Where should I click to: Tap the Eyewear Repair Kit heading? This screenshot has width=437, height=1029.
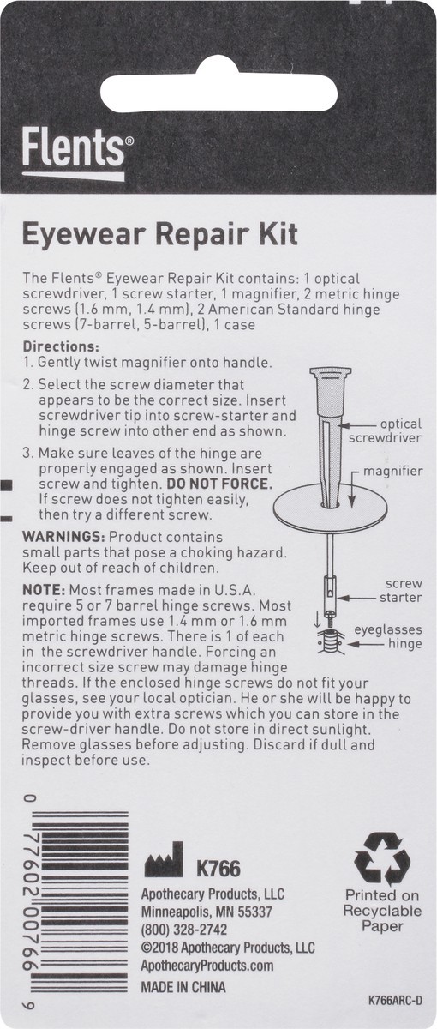click(159, 233)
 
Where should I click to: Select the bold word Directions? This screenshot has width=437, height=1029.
click(61, 346)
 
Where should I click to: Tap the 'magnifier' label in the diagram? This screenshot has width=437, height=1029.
click(394, 472)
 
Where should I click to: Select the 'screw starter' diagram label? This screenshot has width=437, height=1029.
click(404, 590)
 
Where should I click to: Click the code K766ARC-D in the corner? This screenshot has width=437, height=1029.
click(395, 1000)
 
